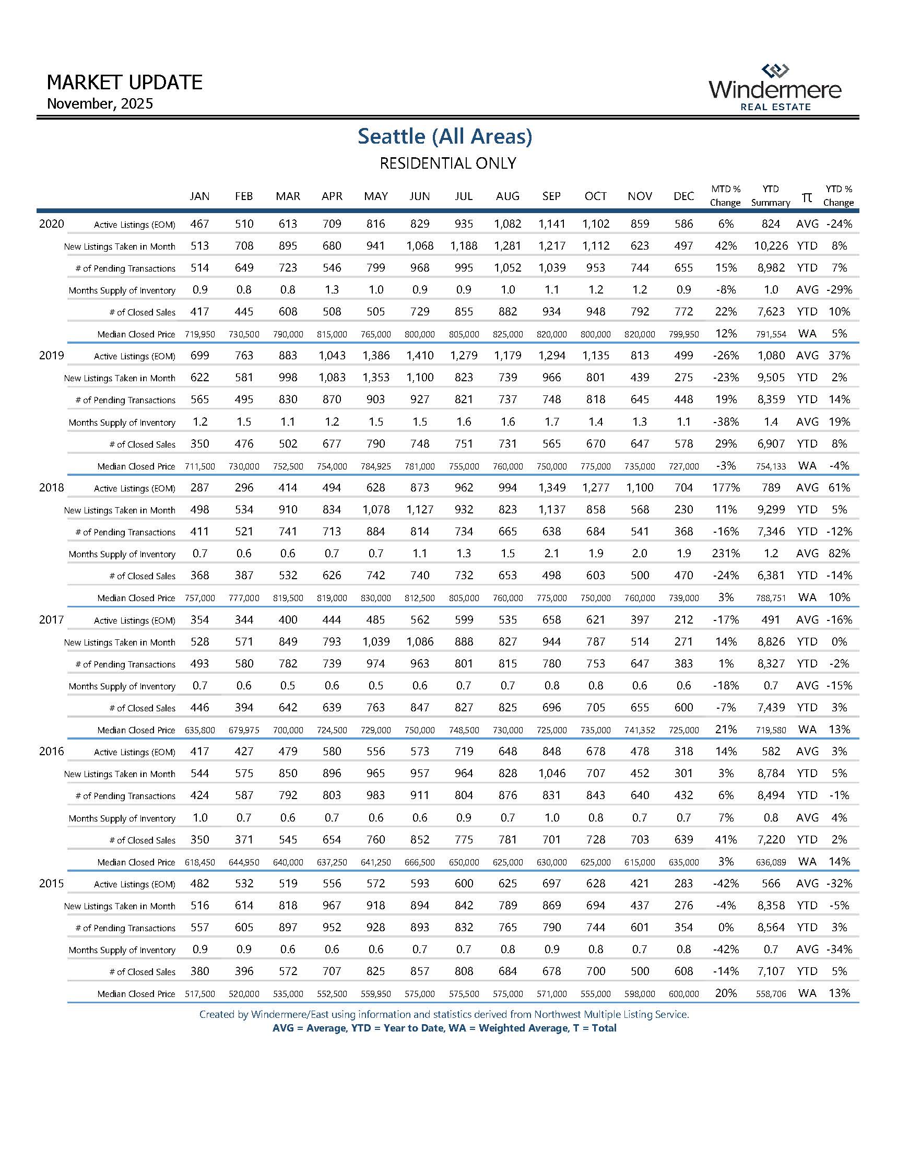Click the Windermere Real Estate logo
(x=775, y=88)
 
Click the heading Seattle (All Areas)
(x=445, y=136)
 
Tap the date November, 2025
(x=100, y=103)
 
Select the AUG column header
(x=507, y=196)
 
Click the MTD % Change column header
(x=725, y=196)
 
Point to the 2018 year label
(x=52, y=487)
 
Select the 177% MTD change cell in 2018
(x=726, y=487)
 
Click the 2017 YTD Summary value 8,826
(x=771, y=642)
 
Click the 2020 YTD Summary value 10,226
(x=771, y=245)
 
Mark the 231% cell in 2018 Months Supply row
(x=726, y=554)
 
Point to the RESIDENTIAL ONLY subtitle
(x=447, y=163)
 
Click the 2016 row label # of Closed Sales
(x=142, y=840)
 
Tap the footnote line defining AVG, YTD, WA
(x=444, y=1028)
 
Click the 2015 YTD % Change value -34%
(x=839, y=949)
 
